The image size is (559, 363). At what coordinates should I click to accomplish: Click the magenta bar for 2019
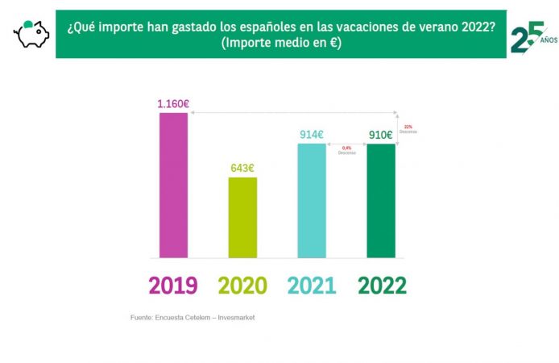[173, 186]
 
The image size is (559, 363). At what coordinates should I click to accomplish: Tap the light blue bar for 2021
[312, 201]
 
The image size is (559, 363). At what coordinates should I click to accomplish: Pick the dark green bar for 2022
[381, 201]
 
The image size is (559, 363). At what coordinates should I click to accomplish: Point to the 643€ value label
[242, 169]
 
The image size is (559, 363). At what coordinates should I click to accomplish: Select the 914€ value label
[312, 136]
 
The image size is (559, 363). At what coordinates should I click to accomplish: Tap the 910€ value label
[381, 136]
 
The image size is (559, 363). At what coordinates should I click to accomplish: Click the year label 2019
[173, 285]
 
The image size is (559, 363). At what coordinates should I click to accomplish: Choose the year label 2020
[242, 285]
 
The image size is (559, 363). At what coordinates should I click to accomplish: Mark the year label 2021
[312, 285]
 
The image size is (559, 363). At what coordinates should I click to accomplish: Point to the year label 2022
[381, 285]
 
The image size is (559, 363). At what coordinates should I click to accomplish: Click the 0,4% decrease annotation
[347, 149]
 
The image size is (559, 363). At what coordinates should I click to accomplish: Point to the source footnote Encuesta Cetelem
[193, 317]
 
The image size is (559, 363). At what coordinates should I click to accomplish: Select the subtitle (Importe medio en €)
[282, 42]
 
